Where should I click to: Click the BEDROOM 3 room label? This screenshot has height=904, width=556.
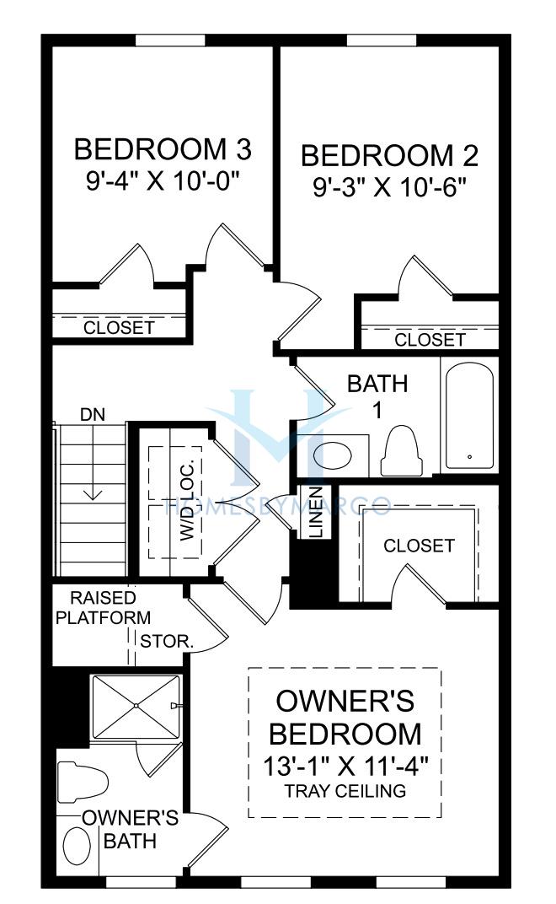[x=163, y=149]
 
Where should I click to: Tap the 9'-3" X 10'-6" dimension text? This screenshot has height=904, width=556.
[x=389, y=187]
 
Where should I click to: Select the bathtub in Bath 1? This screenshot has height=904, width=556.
[x=469, y=416]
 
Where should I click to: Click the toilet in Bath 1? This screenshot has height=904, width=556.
[x=402, y=451]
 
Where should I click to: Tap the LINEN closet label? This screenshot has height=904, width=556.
[x=316, y=512]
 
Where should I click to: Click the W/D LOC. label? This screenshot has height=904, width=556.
[x=189, y=500]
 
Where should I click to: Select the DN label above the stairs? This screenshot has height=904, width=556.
[x=92, y=414]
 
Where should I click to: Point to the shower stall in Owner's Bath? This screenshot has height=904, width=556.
[x=136, y=707]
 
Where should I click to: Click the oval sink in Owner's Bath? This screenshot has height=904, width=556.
[x=77, y=847]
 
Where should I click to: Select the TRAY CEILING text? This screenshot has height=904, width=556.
[x=345, y=790]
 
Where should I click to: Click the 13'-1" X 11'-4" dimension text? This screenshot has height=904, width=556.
[x=345, y=767]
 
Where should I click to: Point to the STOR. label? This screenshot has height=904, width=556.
[x=167, y=641]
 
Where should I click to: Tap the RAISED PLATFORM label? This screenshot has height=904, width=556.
[x=103, y=608]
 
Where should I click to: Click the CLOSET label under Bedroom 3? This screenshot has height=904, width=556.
[x=119, y=327]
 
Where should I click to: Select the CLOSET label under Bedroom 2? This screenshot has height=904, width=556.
[x=430, y=340]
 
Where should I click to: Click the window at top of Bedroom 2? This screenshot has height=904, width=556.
[x=382, y=40]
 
